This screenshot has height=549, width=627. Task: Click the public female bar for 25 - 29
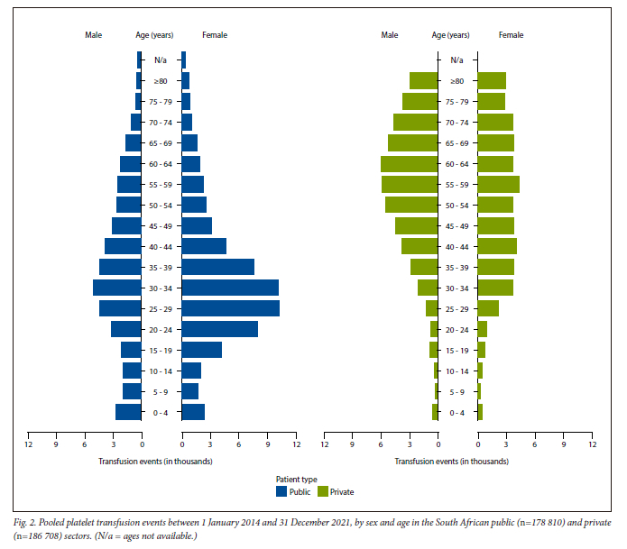230,308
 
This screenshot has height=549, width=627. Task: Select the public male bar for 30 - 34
117,288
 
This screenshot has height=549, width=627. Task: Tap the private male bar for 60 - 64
410,163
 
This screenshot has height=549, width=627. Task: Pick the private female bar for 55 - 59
498,184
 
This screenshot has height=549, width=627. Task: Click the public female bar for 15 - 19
201,350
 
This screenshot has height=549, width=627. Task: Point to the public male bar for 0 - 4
128,412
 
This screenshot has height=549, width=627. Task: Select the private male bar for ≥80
424,81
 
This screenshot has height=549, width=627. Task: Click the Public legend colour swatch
281,492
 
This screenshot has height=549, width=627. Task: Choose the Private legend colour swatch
322,492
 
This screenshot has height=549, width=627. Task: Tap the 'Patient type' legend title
296,480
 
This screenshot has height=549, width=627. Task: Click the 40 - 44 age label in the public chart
161,246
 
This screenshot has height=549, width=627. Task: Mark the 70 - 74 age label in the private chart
457,123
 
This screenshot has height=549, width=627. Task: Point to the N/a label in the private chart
457,60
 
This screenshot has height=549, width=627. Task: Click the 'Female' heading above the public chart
215,35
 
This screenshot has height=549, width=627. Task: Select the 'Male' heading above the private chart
389,35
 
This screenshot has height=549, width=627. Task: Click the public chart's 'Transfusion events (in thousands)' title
155,461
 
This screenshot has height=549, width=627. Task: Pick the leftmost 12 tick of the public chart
28,444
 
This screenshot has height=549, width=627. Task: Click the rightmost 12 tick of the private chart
592,444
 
